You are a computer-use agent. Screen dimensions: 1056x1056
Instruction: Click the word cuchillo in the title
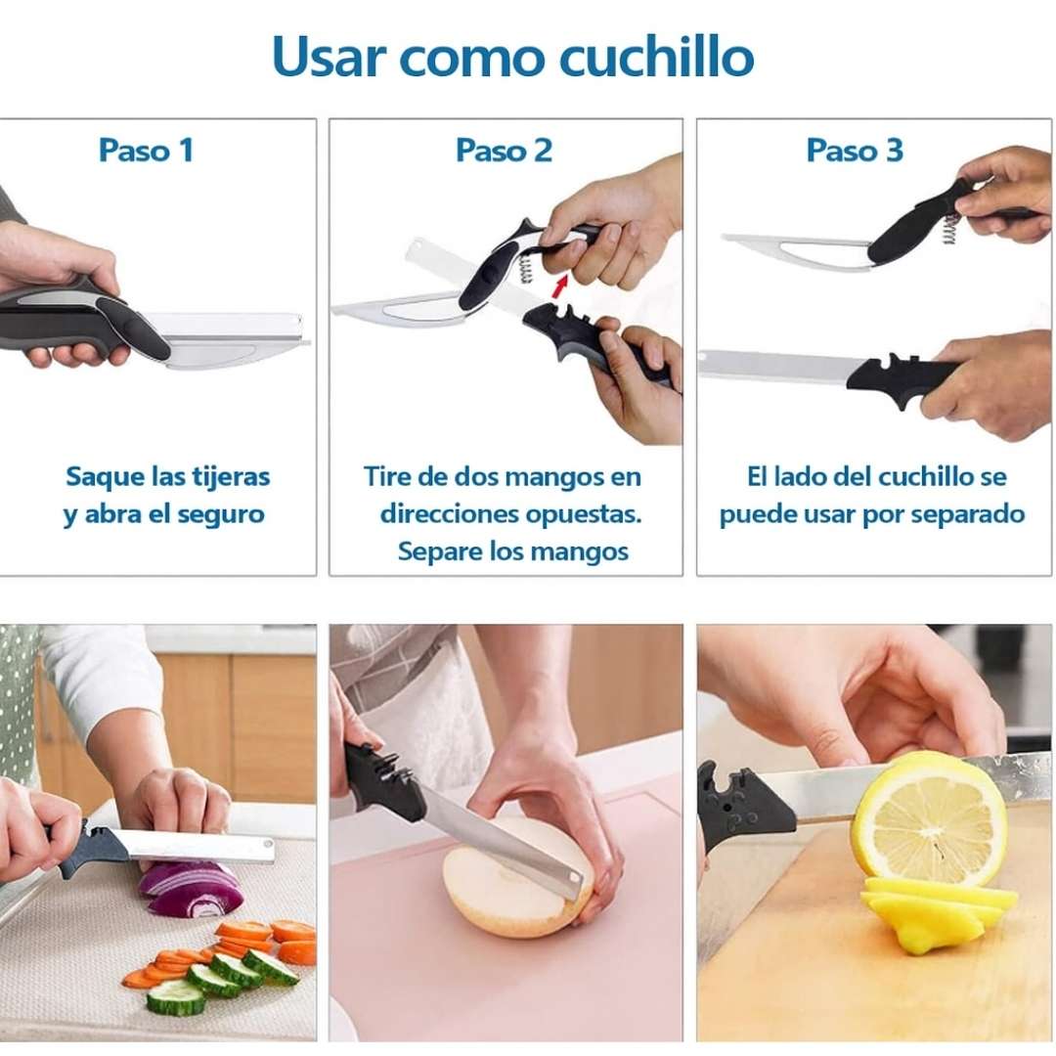(x=657, y=57)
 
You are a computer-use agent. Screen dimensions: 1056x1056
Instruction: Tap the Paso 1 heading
(x=146, y=151)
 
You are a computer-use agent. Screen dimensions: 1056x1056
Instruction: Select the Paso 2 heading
(x=504, y=151)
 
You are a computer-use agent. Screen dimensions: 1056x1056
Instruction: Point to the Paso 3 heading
(x=855, y=151)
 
